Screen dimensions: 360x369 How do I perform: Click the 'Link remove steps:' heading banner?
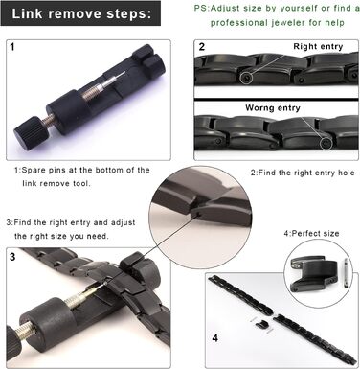(80, 13)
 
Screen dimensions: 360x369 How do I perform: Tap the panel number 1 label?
(12, 47)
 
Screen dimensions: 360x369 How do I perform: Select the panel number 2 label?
(201, 47)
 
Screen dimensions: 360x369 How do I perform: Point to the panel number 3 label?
(12, 257)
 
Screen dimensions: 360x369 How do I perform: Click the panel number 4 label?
(215, 337)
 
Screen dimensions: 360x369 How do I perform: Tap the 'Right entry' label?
(318, 46)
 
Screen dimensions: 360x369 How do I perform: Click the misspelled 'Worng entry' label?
(273, 108)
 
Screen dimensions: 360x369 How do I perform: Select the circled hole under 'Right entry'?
(245, 78)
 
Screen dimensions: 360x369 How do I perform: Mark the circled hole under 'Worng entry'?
(326, 144)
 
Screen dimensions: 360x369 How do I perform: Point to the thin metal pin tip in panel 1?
(121, 76)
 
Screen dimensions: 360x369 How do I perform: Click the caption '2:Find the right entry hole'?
(303, 173)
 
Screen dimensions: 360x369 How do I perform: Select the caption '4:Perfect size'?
(311, 233)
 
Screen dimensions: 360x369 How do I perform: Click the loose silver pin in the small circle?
(345, 273)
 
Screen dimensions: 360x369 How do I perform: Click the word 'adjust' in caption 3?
(123, 222)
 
